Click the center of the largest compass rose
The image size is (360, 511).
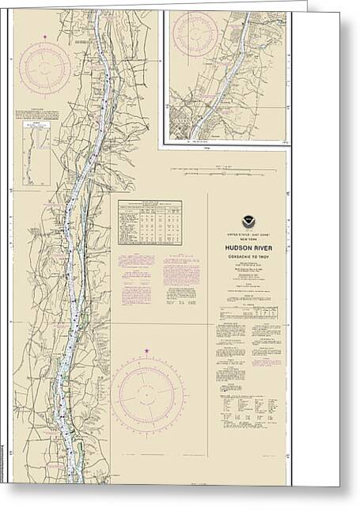click(x=148, y=394)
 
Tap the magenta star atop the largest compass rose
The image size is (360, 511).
click(x=148, y=349)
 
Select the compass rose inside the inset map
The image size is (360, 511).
click(x=195, y=33)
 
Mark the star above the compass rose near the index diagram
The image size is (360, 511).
click(x=45, y=36)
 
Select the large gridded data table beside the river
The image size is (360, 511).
click(x=150, y=222)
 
